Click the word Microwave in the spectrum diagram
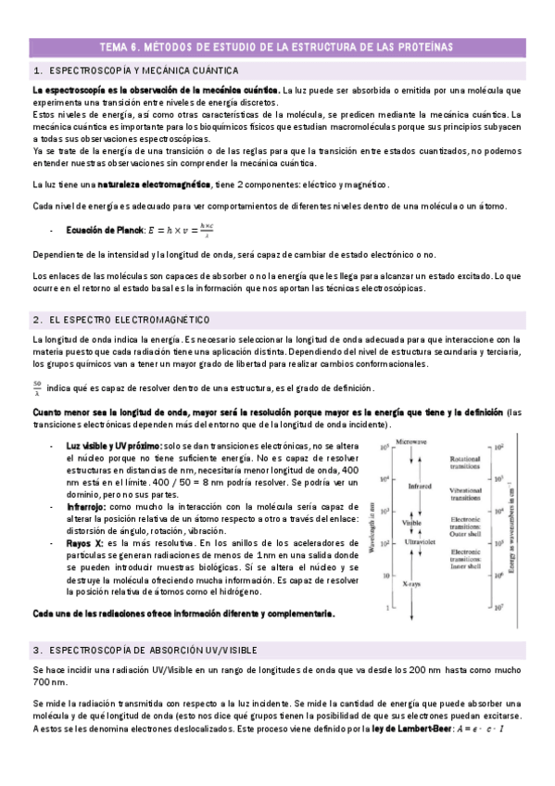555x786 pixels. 411,443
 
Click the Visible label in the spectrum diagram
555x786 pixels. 411,523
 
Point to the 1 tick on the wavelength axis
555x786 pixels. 385,608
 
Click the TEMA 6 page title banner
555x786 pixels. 277,47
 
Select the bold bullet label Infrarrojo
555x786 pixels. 87,507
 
